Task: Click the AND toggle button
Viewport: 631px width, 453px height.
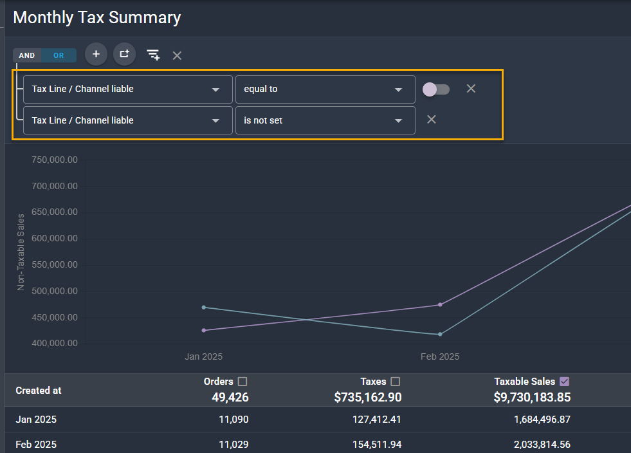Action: tap(27, 55)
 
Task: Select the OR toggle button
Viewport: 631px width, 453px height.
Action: tap(59, 55)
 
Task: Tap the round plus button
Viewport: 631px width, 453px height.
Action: tap(96, 54)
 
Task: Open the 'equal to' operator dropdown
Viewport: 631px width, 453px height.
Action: tap(325, 89)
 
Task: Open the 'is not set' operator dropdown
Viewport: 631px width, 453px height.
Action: tap(325, 120)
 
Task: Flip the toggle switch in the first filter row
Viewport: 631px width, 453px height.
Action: tap(436, 89)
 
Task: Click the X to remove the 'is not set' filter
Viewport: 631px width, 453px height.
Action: tap(432, 120)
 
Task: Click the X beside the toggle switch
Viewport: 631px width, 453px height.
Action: tap(471, 89)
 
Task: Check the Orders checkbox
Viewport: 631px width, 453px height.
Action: tap(242, 382)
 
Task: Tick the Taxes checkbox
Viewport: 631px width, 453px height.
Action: tap(395, 382)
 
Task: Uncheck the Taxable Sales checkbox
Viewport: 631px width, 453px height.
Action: tap(565, 382)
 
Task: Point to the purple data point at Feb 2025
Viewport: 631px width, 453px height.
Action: tap(440, 305)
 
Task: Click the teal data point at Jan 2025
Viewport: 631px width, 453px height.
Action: tap(204, 308)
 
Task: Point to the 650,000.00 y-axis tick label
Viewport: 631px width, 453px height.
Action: tap(55, 212)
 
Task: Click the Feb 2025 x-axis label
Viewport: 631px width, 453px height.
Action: tap(440, 356)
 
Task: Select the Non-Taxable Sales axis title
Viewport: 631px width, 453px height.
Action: tap(21, 252)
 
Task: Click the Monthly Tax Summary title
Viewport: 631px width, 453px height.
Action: tap(97, 18)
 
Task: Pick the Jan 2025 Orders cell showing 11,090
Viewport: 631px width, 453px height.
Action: tap(233, 420)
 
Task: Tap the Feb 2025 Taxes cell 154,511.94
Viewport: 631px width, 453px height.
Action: tap(377, 445)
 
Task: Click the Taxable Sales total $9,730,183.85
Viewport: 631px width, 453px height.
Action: tap(532, 398)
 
